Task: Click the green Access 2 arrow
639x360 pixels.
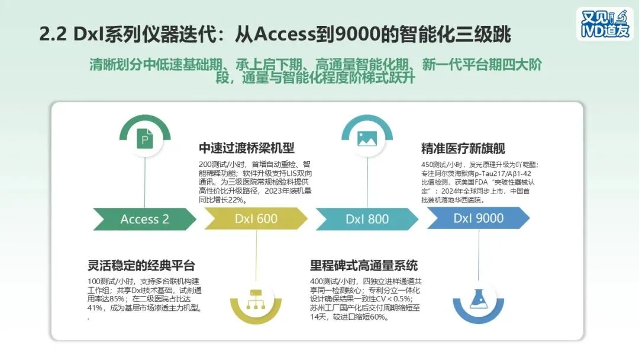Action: pos(144,219)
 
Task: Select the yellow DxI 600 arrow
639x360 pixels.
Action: pos(256,218)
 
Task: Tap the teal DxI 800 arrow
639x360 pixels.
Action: pos(367,219)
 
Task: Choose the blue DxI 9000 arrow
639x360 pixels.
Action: pos(478,218)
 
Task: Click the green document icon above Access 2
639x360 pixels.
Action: pos(145,140)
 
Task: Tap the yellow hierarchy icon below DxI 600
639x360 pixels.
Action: pos(256,297)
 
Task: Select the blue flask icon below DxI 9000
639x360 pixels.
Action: pos(479,297)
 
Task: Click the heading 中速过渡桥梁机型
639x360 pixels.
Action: pos(246,148)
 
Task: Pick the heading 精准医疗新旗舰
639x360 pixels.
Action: pos(463,148)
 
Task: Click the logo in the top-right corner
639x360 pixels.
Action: pos(604,24)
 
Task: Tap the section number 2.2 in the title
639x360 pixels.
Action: pos(53,34)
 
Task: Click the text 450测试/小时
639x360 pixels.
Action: pos(441,165)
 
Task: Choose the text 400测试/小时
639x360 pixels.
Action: pos(330,281)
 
